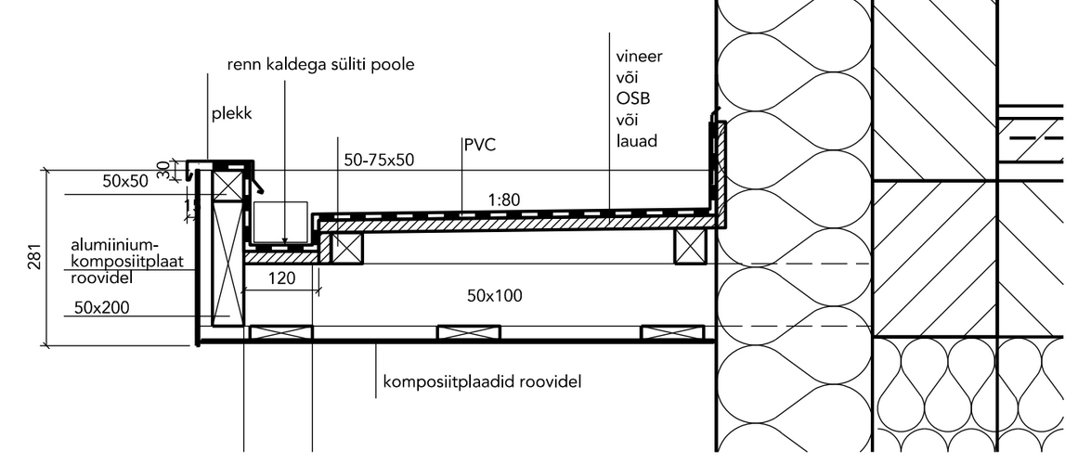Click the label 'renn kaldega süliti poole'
320,65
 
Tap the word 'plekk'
232,115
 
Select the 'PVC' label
479,145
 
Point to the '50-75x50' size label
379,160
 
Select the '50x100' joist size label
494,296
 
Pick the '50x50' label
125,182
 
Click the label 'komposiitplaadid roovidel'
482,380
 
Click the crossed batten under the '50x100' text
469,332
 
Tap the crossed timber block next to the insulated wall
692,246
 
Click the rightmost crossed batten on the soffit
672,332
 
